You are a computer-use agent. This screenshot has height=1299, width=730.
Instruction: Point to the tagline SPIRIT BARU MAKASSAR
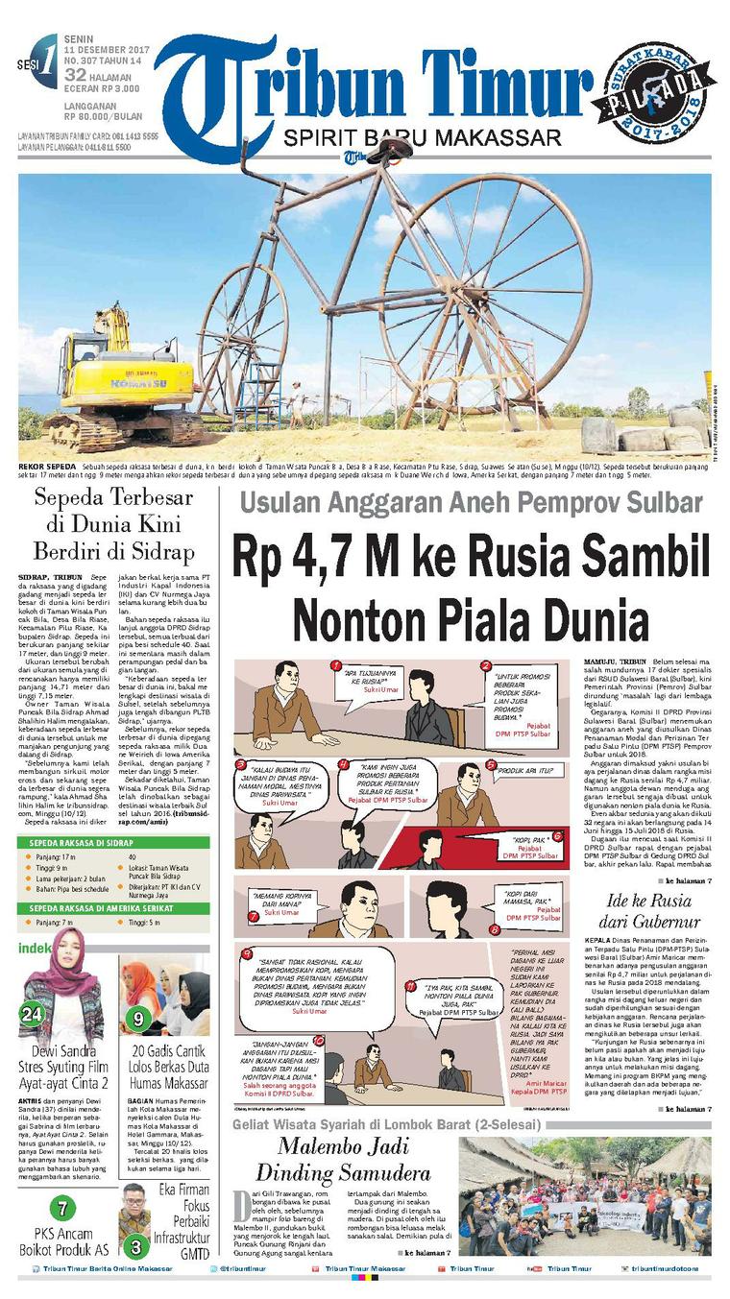[x=423, y=138]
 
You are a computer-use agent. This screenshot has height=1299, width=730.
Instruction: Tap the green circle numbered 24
[x=33, y=1014]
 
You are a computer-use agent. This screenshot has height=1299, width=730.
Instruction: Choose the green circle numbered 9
[x=138, y=1018]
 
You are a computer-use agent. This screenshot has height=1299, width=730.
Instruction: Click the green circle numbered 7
[x=62, y=1209]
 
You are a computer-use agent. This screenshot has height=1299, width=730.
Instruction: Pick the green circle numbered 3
[x=137, y=1247]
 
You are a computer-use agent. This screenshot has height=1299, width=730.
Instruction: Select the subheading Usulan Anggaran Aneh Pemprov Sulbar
[x=471, y=502]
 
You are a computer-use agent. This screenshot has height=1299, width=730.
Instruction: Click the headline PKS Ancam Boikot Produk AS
[x=62, y=1241]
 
